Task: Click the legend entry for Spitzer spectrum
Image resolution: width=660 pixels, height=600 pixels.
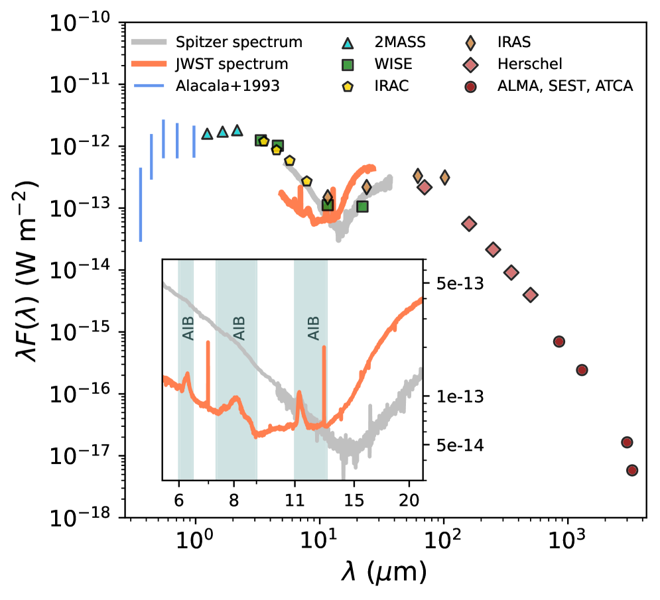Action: [239, 42]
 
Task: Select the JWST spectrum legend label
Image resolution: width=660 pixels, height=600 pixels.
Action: [231, 64]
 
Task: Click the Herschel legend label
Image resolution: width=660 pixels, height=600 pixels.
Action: [533, 64]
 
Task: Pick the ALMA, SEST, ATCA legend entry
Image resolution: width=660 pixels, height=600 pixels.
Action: [565, 86]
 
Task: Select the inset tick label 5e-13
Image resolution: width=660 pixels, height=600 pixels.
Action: [449, 284]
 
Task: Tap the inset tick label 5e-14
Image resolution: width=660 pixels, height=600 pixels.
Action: [449, 444]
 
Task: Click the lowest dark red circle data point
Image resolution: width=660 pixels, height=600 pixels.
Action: [631, 470]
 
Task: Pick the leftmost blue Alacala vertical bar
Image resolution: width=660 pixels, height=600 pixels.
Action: [140, 204]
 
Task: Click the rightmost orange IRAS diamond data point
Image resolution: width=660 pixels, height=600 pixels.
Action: [444, 177]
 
